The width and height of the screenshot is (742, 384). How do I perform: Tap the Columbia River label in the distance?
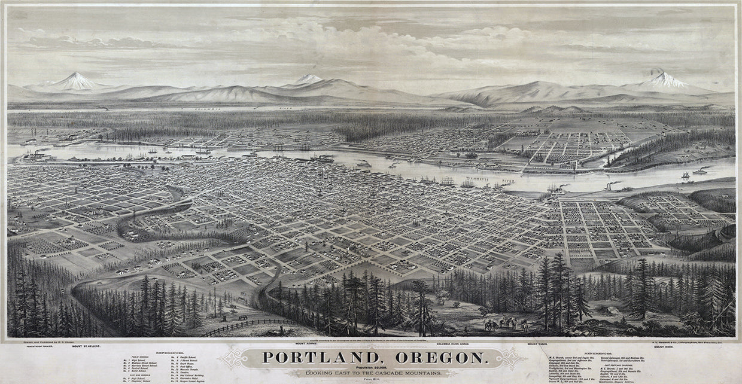[x=239, y=109]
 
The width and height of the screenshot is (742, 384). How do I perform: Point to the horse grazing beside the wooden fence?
[x=242, y=317]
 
